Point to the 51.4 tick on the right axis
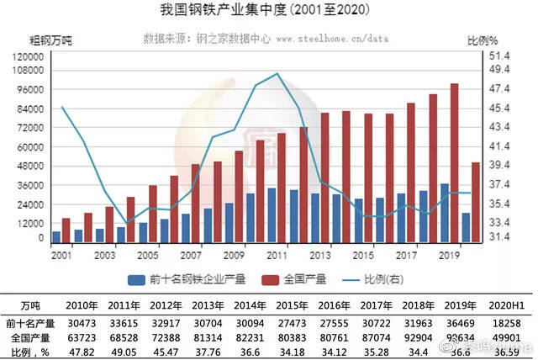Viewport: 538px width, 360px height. click(501, 55)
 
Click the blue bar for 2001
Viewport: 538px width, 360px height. click(56, 236)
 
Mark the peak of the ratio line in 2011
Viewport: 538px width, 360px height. click(278, 74)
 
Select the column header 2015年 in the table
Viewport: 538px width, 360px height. click(306, 303)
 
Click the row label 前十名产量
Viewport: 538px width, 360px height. click(29, 320)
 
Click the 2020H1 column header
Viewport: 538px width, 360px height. click(512, 303)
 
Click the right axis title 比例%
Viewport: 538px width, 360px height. click(483, 40)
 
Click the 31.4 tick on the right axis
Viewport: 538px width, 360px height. click(501, 238)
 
